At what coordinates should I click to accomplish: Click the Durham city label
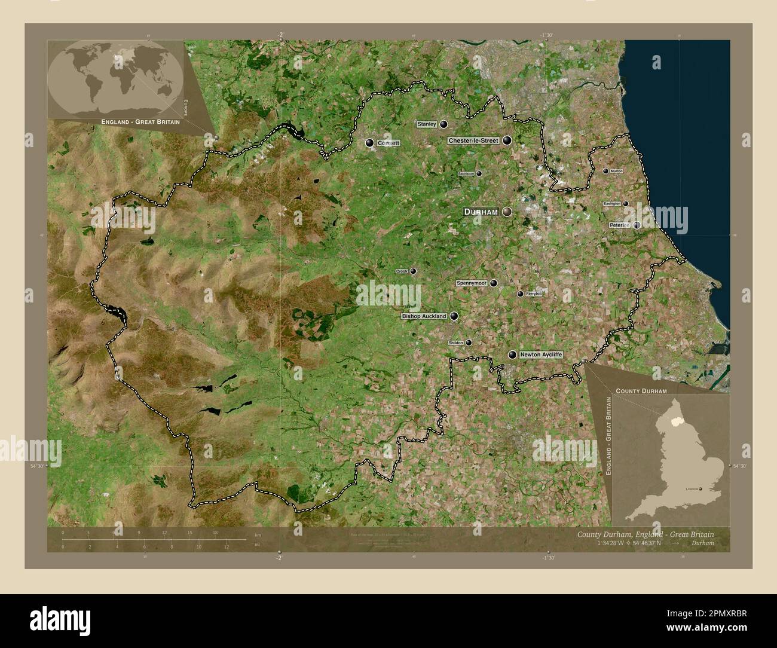[481, 212]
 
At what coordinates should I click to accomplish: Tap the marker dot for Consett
[369, 143]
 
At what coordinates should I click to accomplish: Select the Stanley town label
[427, 124]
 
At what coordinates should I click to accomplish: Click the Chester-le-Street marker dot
[507, 140]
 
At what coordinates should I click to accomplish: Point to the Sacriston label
[466, 173]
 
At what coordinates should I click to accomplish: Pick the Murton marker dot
[605, 171]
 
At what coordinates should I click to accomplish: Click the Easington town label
[613, 204]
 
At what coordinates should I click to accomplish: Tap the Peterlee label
[620, 225]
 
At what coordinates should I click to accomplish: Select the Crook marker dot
[413, 271]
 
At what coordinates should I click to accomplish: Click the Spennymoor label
[472, 283]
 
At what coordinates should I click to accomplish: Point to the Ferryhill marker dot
[520, 294]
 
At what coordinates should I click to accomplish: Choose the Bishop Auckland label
[424, 316]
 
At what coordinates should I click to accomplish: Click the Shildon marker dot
[469, 343]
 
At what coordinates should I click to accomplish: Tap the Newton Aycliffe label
[541, 354]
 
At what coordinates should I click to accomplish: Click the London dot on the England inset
[700, 489]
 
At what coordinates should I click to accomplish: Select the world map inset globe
[115, 78]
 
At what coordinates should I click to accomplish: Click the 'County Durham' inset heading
[641, 390]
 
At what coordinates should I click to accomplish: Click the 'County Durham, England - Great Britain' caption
[646, 534]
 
